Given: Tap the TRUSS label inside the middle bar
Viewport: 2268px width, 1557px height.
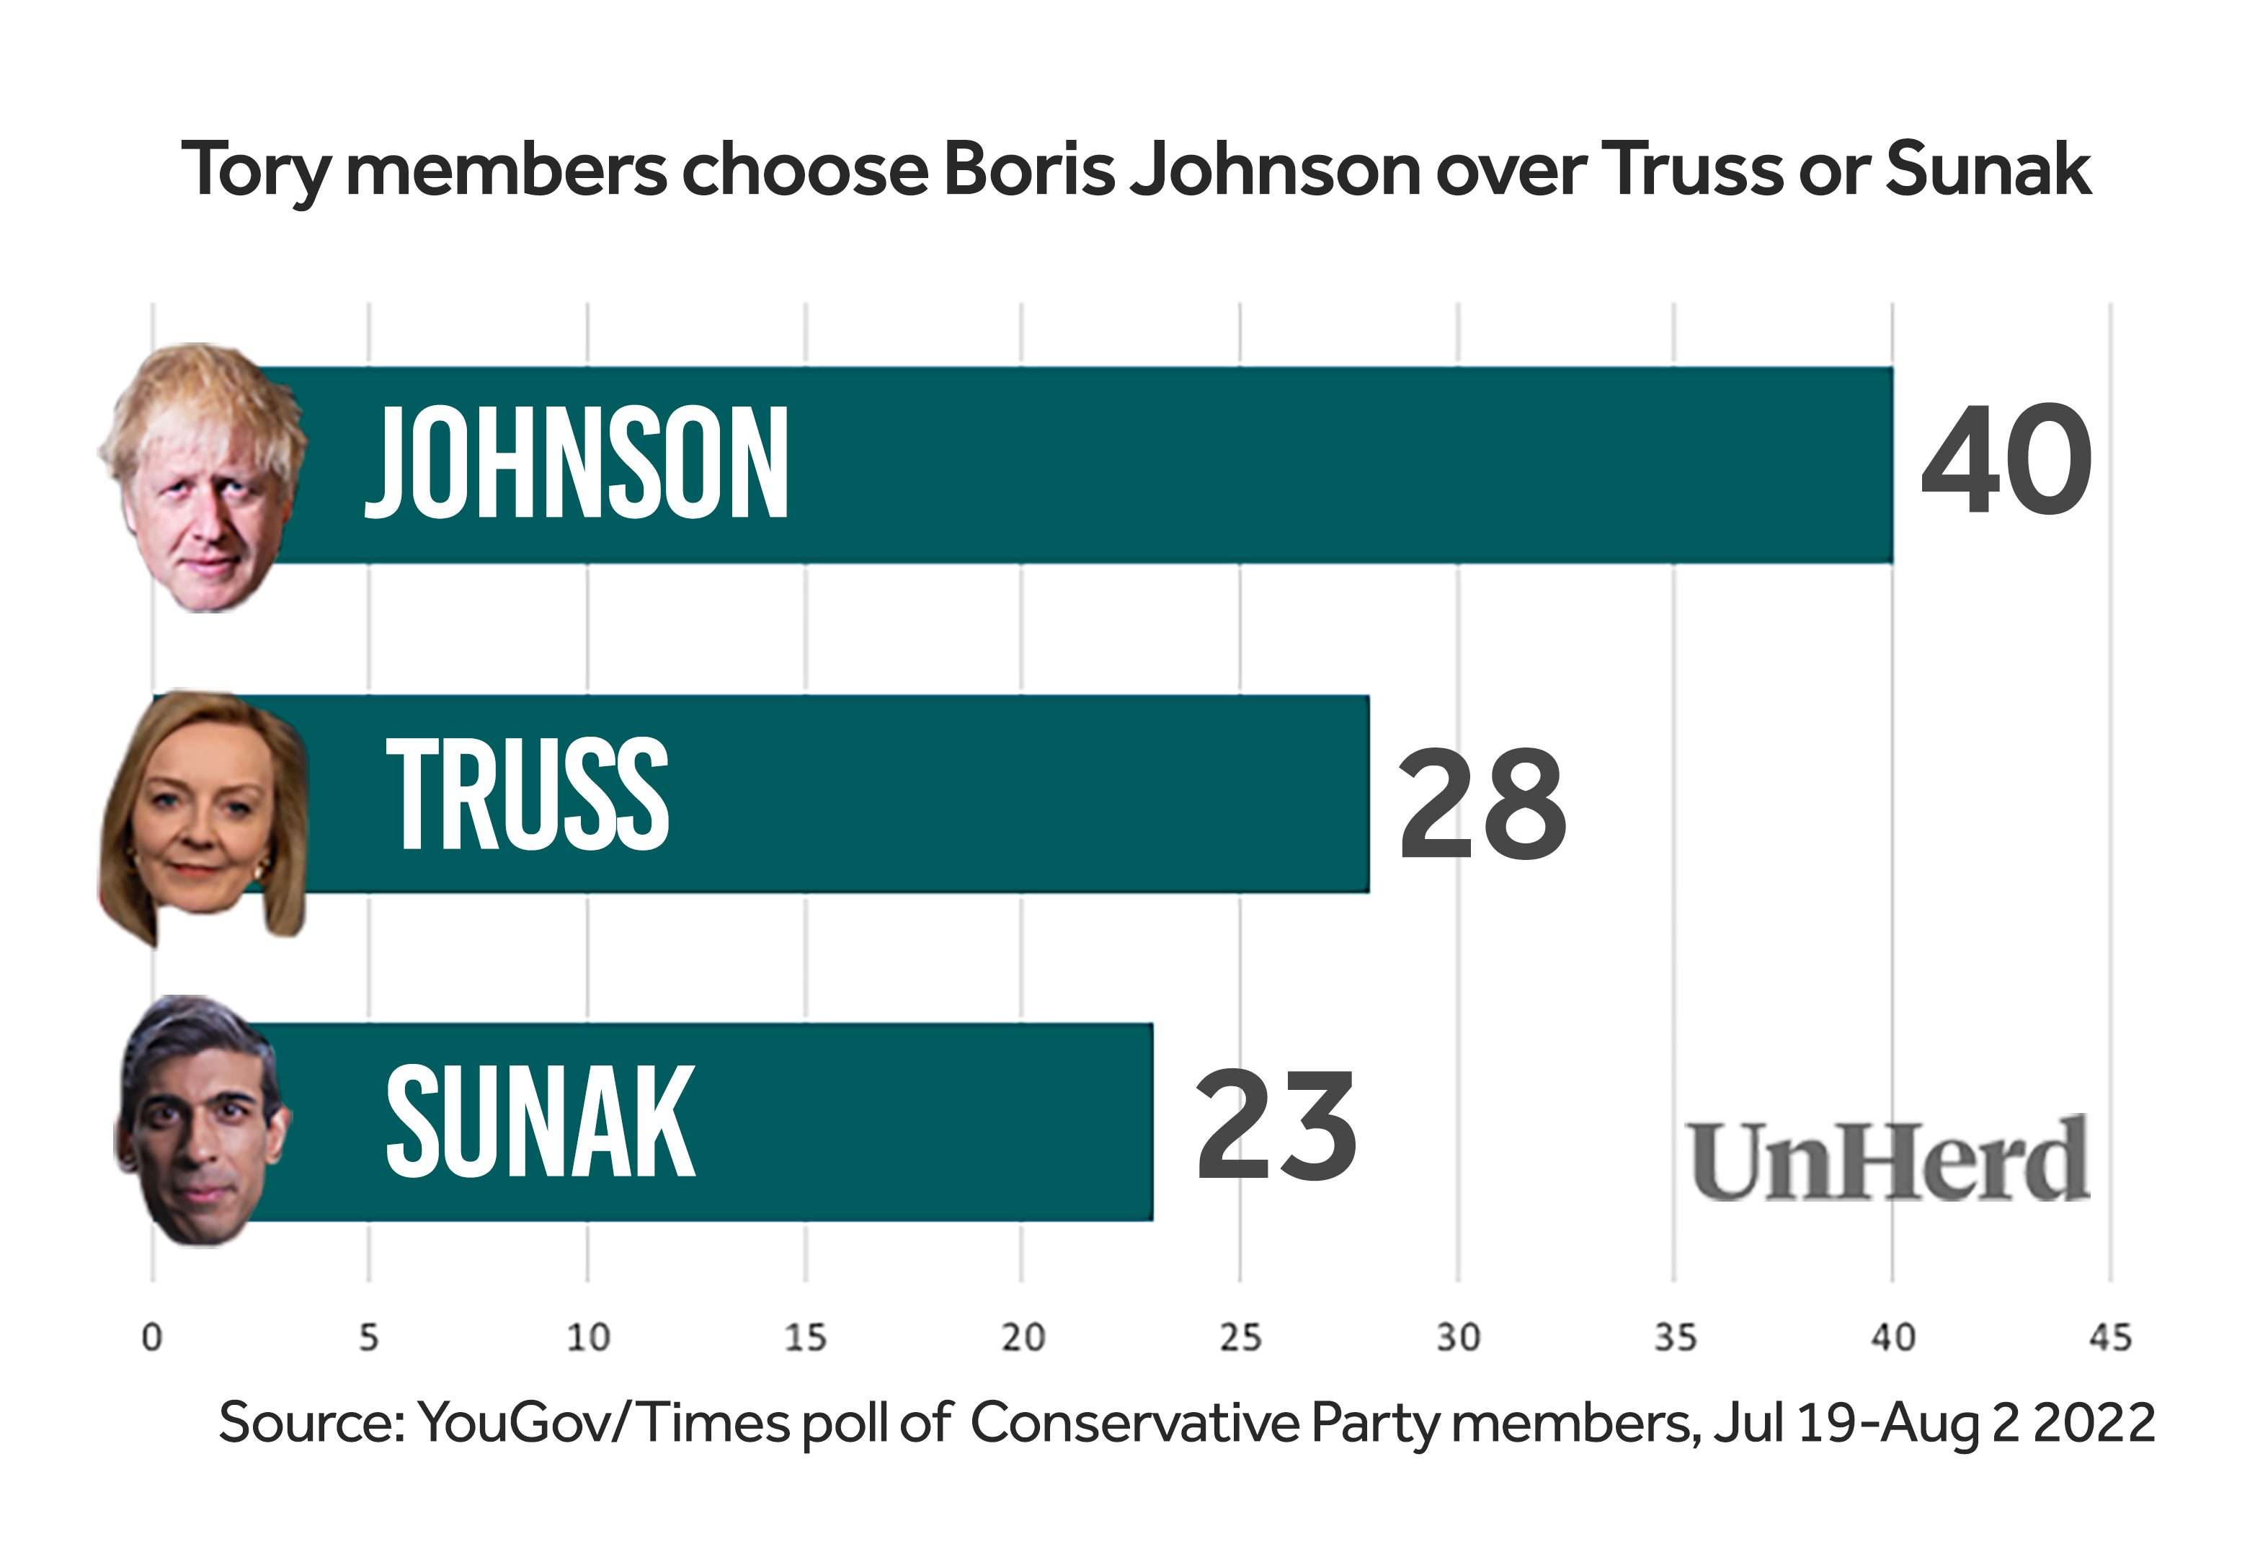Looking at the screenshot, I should pos(527,793).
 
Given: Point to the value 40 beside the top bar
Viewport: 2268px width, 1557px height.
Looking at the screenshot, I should pos(2006,460).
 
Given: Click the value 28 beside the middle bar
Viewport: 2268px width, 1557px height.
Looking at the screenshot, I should pos(1482,804).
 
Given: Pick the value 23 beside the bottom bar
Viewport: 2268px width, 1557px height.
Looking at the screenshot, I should pos(1276,1124).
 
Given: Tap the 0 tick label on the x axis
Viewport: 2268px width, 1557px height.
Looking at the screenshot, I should pos(152,1337).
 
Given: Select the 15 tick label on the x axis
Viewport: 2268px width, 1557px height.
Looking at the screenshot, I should pos(805,1337).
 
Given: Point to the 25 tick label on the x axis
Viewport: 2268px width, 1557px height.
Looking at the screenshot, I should pos(1240,1337).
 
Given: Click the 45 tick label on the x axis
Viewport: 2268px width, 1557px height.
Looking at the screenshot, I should pos(2110,1337).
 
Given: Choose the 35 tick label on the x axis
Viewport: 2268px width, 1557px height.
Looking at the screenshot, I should pos(1675,1337).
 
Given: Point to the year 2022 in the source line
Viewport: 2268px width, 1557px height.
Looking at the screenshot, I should pos(2094,1423).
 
